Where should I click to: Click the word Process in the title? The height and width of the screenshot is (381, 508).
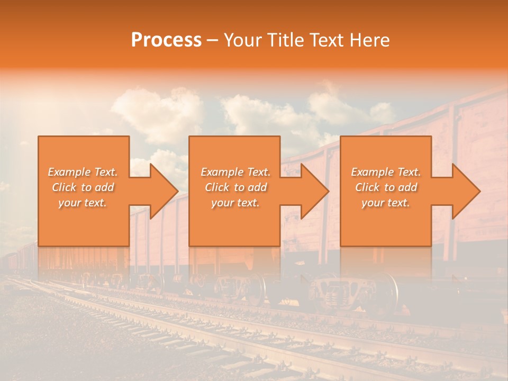point(166,40)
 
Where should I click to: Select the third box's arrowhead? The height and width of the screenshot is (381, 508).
point(465,191)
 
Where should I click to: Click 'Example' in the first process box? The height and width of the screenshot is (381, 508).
point(69,172)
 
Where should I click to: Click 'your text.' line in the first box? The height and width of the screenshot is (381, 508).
point(83,203)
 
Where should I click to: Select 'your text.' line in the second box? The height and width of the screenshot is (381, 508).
point(235,203)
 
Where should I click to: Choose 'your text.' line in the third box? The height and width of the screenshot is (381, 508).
point(386,203)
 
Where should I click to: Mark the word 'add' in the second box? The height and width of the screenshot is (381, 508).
point(257,187)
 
